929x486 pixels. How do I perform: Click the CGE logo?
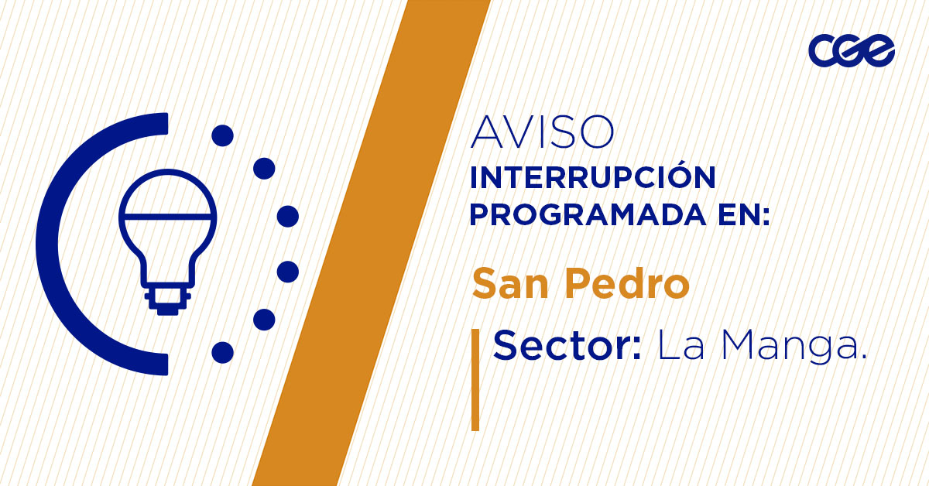click(x=852, y=51)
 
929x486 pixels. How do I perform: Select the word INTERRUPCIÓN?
click(x=593, y=178)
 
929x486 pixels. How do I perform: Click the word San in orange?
click(x=506, y=284)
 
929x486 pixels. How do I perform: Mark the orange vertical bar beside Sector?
click(x=475, y=379)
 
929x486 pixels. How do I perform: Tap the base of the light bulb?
click(x=167, y=300)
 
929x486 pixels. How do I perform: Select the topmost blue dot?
click(x=222, y=136)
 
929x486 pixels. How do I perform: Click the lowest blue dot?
click(x=222, y=352)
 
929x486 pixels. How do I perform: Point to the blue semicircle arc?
click(x=58, y=244)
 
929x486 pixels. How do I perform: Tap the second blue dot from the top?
click(x=265, y=167)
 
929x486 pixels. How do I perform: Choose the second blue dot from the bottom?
click(x=265, y=319)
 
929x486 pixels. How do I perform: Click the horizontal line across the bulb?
click(x=167, y=214)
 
